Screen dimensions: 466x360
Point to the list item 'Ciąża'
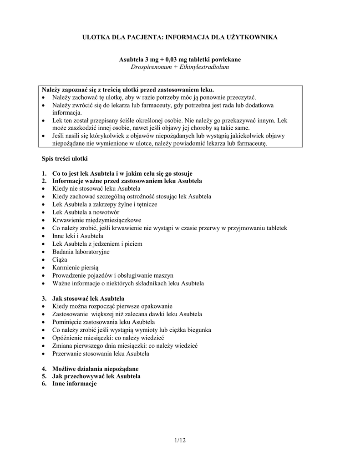tap(60, 259)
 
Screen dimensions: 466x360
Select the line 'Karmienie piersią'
tap(76, 267)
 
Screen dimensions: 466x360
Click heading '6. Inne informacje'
tap(71, 384)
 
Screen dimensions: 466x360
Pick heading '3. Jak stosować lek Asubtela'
tap(85, 299)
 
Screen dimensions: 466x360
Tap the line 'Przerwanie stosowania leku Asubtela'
tap(101, 353)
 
